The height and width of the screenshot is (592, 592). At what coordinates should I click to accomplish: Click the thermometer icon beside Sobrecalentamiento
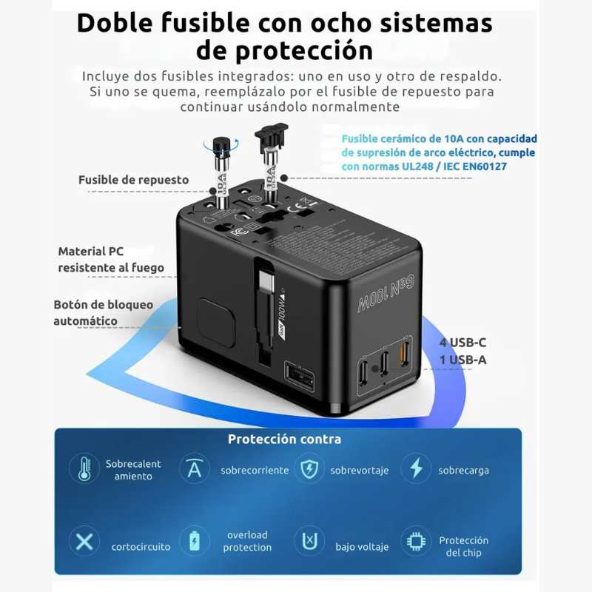[x=84, y=468]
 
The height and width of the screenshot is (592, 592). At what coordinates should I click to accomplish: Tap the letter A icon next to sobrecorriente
[x=194, y=468]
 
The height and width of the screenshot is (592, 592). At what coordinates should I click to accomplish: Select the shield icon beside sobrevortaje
[x=309, y=468]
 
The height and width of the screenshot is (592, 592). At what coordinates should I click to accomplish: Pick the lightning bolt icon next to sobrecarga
[x=416, y=468]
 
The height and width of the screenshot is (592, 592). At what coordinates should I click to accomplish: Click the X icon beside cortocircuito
[x=84, y=542]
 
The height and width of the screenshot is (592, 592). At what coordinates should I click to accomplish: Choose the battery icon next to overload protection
[x=194, y=542]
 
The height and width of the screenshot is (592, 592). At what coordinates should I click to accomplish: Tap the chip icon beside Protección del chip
[x=416, y=542]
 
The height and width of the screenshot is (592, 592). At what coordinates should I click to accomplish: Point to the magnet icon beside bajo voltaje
[x=309, y=542]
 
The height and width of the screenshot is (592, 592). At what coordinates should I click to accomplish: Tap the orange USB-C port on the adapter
[x=403, y=351]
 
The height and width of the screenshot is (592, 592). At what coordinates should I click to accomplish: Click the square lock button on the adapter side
[x=216, y=323]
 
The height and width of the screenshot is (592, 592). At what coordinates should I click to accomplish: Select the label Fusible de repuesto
[x=134, y=180]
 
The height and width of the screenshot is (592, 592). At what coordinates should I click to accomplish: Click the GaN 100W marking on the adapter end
[x=386, y=292]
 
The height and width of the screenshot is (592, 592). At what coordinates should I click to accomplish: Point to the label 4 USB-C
[x=462, y=343]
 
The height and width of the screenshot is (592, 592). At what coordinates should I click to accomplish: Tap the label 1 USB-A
[x=463, y=360]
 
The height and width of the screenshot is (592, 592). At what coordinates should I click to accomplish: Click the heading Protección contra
[x=284, y=439]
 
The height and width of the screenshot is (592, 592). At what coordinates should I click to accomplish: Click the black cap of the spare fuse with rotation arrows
[x=221, y=144]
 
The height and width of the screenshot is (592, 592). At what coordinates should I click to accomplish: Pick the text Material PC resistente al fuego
[x=111, y=260]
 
